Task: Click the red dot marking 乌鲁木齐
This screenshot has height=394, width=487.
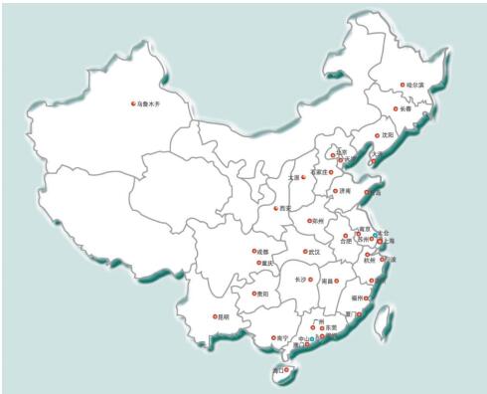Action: click(x=133, y=103)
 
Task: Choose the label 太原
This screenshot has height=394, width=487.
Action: click(x=292, y=177)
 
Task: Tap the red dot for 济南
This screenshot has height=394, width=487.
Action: click(x=335, y=190)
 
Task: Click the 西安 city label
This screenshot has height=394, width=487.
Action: click(x=286, y=208)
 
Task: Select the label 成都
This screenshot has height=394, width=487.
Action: click(x=264, y=252)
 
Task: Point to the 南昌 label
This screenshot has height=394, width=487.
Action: click(x=329, y=282)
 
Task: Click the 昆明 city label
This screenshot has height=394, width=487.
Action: click(x=222, y=316)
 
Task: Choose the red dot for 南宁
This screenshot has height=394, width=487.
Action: click(x=271, y=337)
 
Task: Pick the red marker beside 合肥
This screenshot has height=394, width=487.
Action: click(x=336, y=236)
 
